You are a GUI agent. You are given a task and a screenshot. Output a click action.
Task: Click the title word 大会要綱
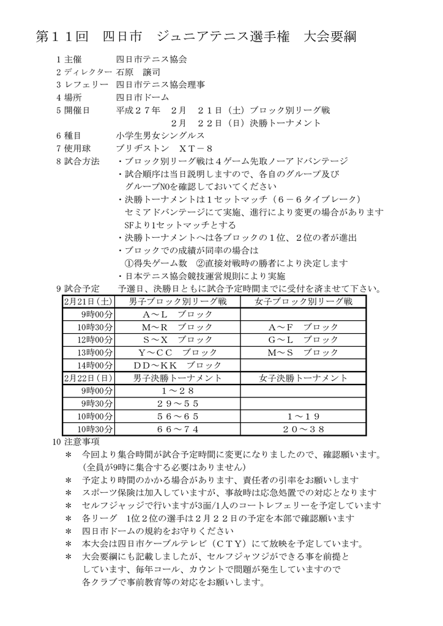point(330,37)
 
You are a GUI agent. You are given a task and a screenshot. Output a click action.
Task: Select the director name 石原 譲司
point(134,72)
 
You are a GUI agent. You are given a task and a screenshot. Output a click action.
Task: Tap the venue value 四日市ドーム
point(143,97)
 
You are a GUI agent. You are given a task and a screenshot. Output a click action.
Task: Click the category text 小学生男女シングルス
point(160,136)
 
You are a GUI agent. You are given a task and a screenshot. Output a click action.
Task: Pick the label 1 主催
point(68,60)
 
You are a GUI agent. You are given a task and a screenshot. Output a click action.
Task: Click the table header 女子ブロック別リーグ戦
point(303,301)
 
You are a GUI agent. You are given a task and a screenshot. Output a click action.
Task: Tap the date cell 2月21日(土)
point(88,301)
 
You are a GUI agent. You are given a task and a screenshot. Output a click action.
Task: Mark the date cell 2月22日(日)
point(88,378)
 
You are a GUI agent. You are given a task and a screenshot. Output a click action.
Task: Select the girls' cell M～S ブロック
point(303,352)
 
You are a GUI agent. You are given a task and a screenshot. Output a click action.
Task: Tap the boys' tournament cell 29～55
point(177,403)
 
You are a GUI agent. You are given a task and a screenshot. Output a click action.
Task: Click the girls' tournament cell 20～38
point(303,429)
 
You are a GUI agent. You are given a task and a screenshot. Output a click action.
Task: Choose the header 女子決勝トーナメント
point(303,378)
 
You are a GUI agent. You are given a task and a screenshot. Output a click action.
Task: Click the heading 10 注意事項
point(76,441)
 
